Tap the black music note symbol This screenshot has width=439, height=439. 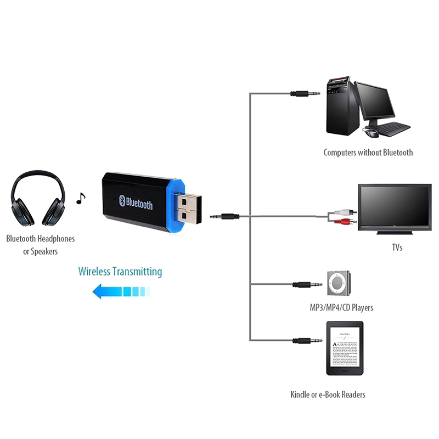pyautogui.click(x=81, y=198)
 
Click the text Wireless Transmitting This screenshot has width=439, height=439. pyautogui.click(x=120, y=271)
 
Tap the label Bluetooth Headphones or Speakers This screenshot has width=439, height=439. pyautogui.click(x=41, y=245)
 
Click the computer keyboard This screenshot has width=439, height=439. pyautogui.click(x=391, y=128)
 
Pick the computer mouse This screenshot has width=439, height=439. pyautogui.click(x=372, y=133)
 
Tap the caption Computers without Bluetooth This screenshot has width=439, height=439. pyautogui.click(x=368, y=152)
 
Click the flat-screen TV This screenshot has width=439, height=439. pyautogui.click(x=393, y=207)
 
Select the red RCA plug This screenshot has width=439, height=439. pyautogui.click(x=346, y=222)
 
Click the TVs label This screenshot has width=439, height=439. pyautogui.click(x=397, y=247)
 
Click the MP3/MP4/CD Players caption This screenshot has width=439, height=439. pyautogui.click(x=341, y=307)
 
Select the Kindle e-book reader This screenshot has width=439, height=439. pyautogui.click(x=345, y=348)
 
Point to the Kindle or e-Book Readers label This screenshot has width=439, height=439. pyautogui.click(x=328, y=394)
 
